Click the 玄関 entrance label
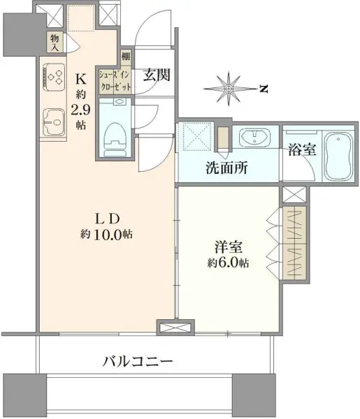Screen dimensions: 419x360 pyautogui.click(x=156, y=76)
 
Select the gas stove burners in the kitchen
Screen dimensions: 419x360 pyautogui.click(x=54, y=75)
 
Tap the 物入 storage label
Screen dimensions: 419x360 pyautogui.click(x=55, y=43)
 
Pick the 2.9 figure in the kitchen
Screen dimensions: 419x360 pyautogui.click(x=82, y=110)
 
